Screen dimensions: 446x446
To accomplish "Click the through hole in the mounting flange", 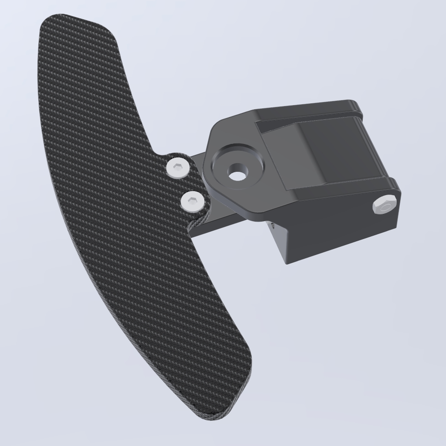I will pos(237,175).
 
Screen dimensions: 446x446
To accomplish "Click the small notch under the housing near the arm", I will pos(272,226).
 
